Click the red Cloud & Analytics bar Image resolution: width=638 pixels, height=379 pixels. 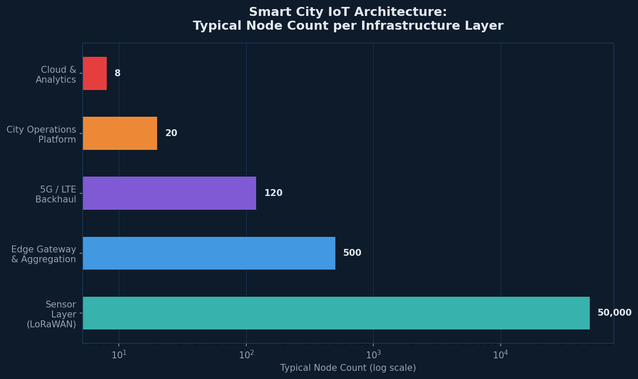pos(95,73)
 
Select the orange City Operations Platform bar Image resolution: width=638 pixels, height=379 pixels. pos(120,133)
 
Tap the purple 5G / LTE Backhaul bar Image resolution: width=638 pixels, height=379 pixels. pos(169,193)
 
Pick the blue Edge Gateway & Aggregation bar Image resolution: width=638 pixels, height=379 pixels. pos(209,253)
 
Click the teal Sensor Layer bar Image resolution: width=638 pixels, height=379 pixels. pos(336,313)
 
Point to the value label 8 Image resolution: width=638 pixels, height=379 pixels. pos(118,73)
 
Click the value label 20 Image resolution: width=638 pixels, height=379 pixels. pos(171,133)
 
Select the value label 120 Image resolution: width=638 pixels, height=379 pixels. pos(273,193)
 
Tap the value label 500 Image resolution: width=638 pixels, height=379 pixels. pos(352,253)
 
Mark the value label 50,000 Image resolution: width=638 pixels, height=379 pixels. pos(614,313)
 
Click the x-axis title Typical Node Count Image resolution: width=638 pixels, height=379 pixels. pos(348,368)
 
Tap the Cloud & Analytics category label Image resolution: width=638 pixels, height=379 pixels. pos(56,75)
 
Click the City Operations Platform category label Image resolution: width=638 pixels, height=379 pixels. pos(41,135)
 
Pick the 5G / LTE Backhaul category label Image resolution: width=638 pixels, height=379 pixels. pos(56,195)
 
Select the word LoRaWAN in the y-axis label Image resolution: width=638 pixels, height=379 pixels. pos(51,324)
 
